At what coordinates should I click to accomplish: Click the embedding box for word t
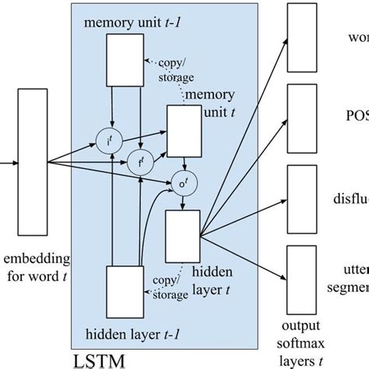coord(30,163)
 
